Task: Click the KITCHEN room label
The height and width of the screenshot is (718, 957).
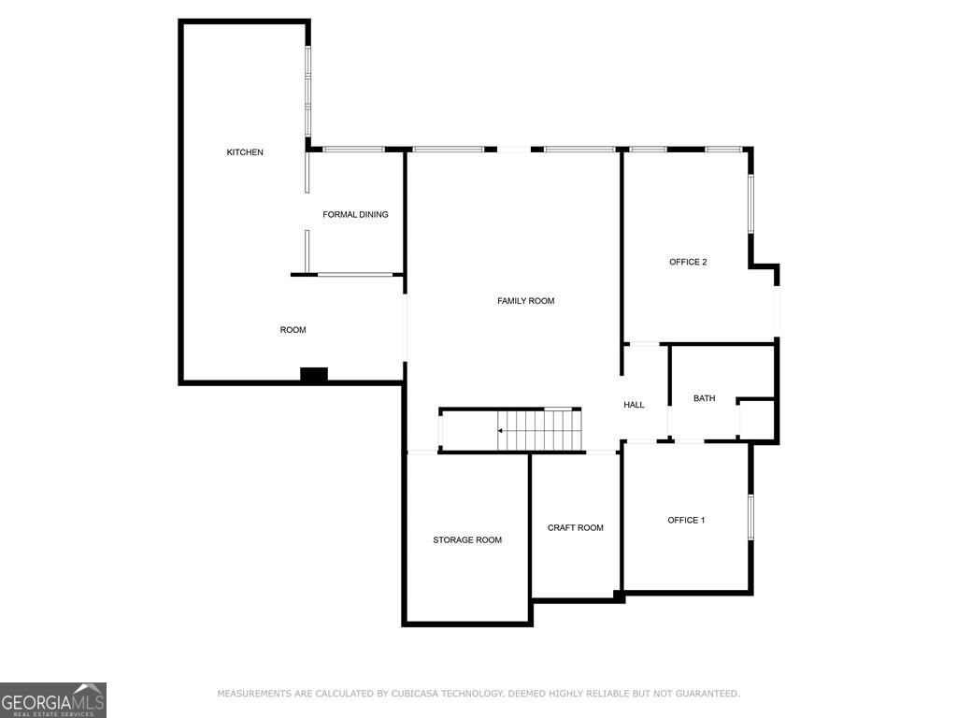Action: point(245,152)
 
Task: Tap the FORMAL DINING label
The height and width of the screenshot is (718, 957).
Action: point(355,215)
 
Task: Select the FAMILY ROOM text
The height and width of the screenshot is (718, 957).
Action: point(525,301)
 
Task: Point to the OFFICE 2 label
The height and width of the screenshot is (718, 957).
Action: point(687,262)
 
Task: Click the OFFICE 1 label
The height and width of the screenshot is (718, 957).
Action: point(686,520)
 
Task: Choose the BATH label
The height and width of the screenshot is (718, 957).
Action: point(704,398)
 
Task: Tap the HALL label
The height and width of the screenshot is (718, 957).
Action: point(634,405)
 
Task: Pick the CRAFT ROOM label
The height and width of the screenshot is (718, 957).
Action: point(575,528)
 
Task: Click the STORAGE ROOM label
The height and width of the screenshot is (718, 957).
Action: point(466,540)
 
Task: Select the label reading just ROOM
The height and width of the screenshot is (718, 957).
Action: point(293,330)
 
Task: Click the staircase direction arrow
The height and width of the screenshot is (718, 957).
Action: point(502,431)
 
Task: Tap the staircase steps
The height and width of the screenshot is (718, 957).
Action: point(542,431)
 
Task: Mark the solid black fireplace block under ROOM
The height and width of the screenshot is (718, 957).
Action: point(314,375)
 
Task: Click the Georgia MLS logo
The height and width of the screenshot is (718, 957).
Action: point(53,700)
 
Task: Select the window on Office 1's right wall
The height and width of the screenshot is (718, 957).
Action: point(750,516)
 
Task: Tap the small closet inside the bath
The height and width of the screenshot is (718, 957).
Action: point(757,419)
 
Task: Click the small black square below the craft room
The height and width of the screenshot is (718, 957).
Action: point(619,595)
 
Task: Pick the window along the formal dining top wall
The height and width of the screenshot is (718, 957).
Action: point(353,150)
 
